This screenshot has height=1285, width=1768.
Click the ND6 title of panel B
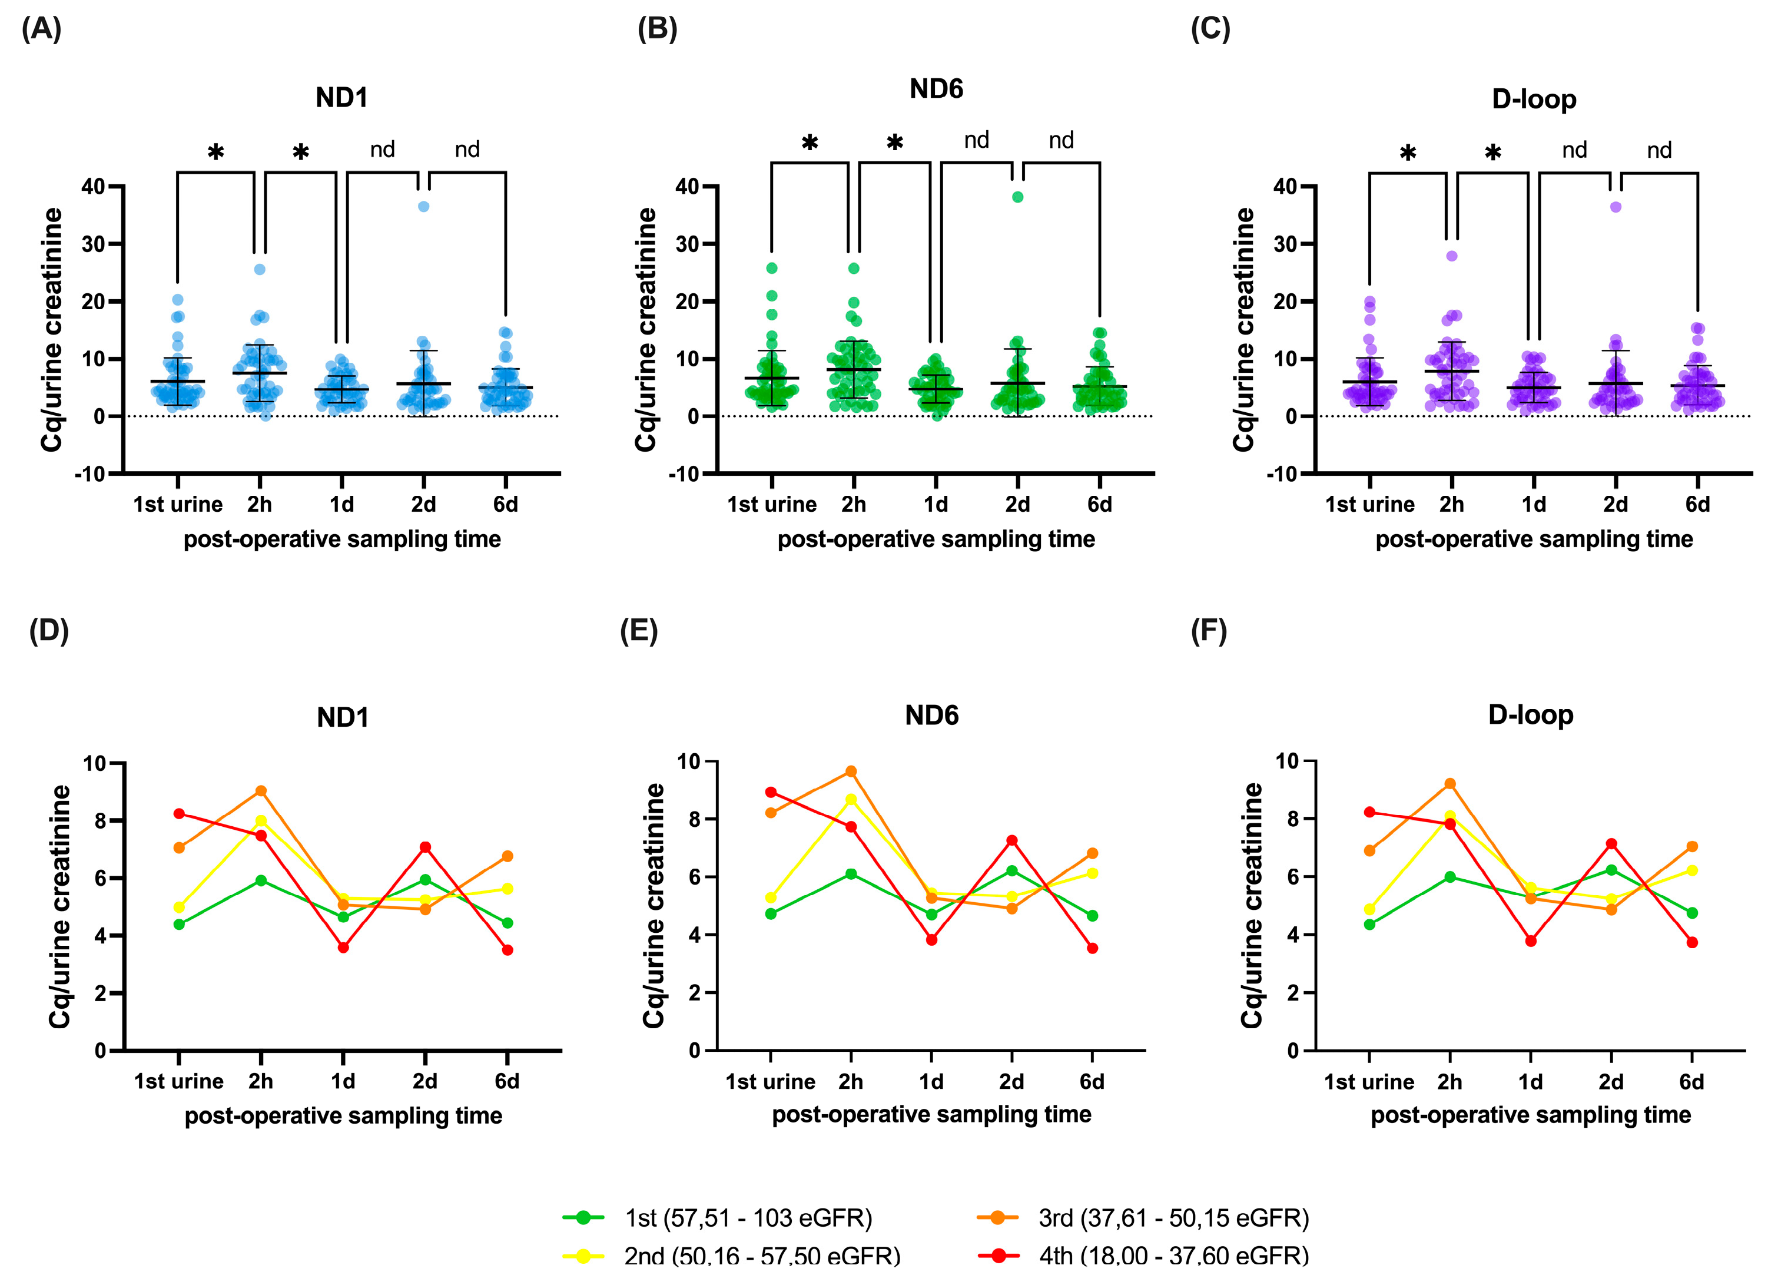pyautogui.click(x=936, y=89)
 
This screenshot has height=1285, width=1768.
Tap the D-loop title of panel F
pyautogui.click(x=1530, y=714)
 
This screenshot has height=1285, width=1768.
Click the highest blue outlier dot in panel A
pyautogui.click(x=423, y=207)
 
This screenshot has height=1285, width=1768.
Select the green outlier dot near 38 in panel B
pyautogui.click(x=1017, y=197)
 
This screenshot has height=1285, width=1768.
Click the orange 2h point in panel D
pyautogui.click(x=261, y=791)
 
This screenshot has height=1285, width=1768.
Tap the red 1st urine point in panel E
pyautogui.click(x=771, y=792)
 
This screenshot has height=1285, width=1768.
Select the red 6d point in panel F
pyautogui.click(x=1691, y=943)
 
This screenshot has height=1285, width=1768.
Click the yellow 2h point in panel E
pyautogui.click(x=851, y=799)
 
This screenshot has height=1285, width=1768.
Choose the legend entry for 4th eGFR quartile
pyautogui.click(x=1173, y=1256)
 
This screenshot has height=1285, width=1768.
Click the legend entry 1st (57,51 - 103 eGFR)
pyautogui.click(x=747, y=1217)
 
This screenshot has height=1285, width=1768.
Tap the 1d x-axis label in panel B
pyautogui.click(x=936, y=505)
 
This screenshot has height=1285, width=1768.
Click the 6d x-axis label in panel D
pyautogui.click(x=507, y=1081)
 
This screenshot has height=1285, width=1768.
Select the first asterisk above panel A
pyautogui.click(x=216, y=152)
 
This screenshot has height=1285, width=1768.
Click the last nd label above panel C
pyautogui.click(x=1659, y=150)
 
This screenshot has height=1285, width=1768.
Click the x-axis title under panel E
pyautogui.click(x=931, y=1114)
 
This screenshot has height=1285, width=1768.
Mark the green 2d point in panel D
pyautogui.click(x=425, y=880)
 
